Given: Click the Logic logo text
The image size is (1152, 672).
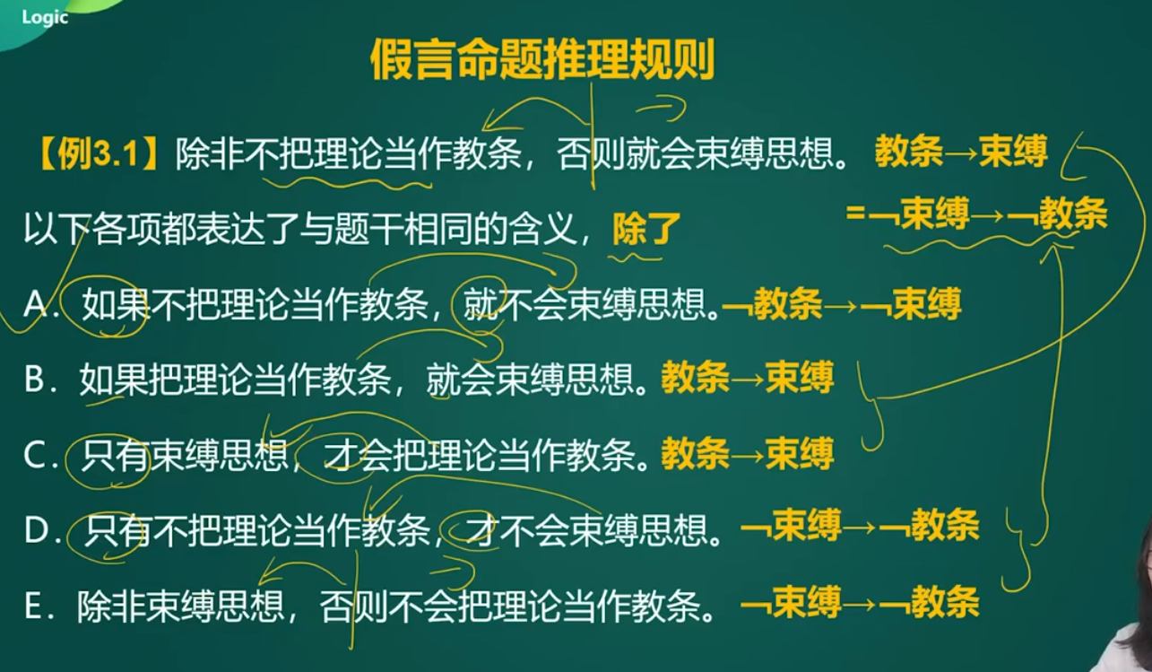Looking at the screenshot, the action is click(x=45, y=17).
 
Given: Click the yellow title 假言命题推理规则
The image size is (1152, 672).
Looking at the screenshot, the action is click(x=542, y=59).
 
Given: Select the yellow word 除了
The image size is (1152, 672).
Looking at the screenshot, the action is click(x=646, y=229).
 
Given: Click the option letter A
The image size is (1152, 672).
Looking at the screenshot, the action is click(x=36, y=304).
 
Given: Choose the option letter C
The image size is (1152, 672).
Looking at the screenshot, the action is click(x=35, y=455).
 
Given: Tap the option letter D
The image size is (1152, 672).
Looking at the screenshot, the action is click(x=36, y=530).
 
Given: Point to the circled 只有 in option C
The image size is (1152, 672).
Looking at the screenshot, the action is click(x=115, y=455).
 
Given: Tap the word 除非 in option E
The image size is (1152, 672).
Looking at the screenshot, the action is click(x=111, y=606).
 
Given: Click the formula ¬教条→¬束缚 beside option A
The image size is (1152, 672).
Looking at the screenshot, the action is click(x=842, y=305).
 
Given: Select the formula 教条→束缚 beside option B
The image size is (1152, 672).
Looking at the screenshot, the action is click(x=748, y=379).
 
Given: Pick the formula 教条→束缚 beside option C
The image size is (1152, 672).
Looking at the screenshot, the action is click(x=748, y=454).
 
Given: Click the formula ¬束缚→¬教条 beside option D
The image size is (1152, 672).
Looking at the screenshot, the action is click(x=860, y=526).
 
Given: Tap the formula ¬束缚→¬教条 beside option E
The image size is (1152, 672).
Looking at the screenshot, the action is click(x=860, y=601).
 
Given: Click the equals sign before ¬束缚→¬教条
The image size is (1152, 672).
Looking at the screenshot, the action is click(x=855, y=213).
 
